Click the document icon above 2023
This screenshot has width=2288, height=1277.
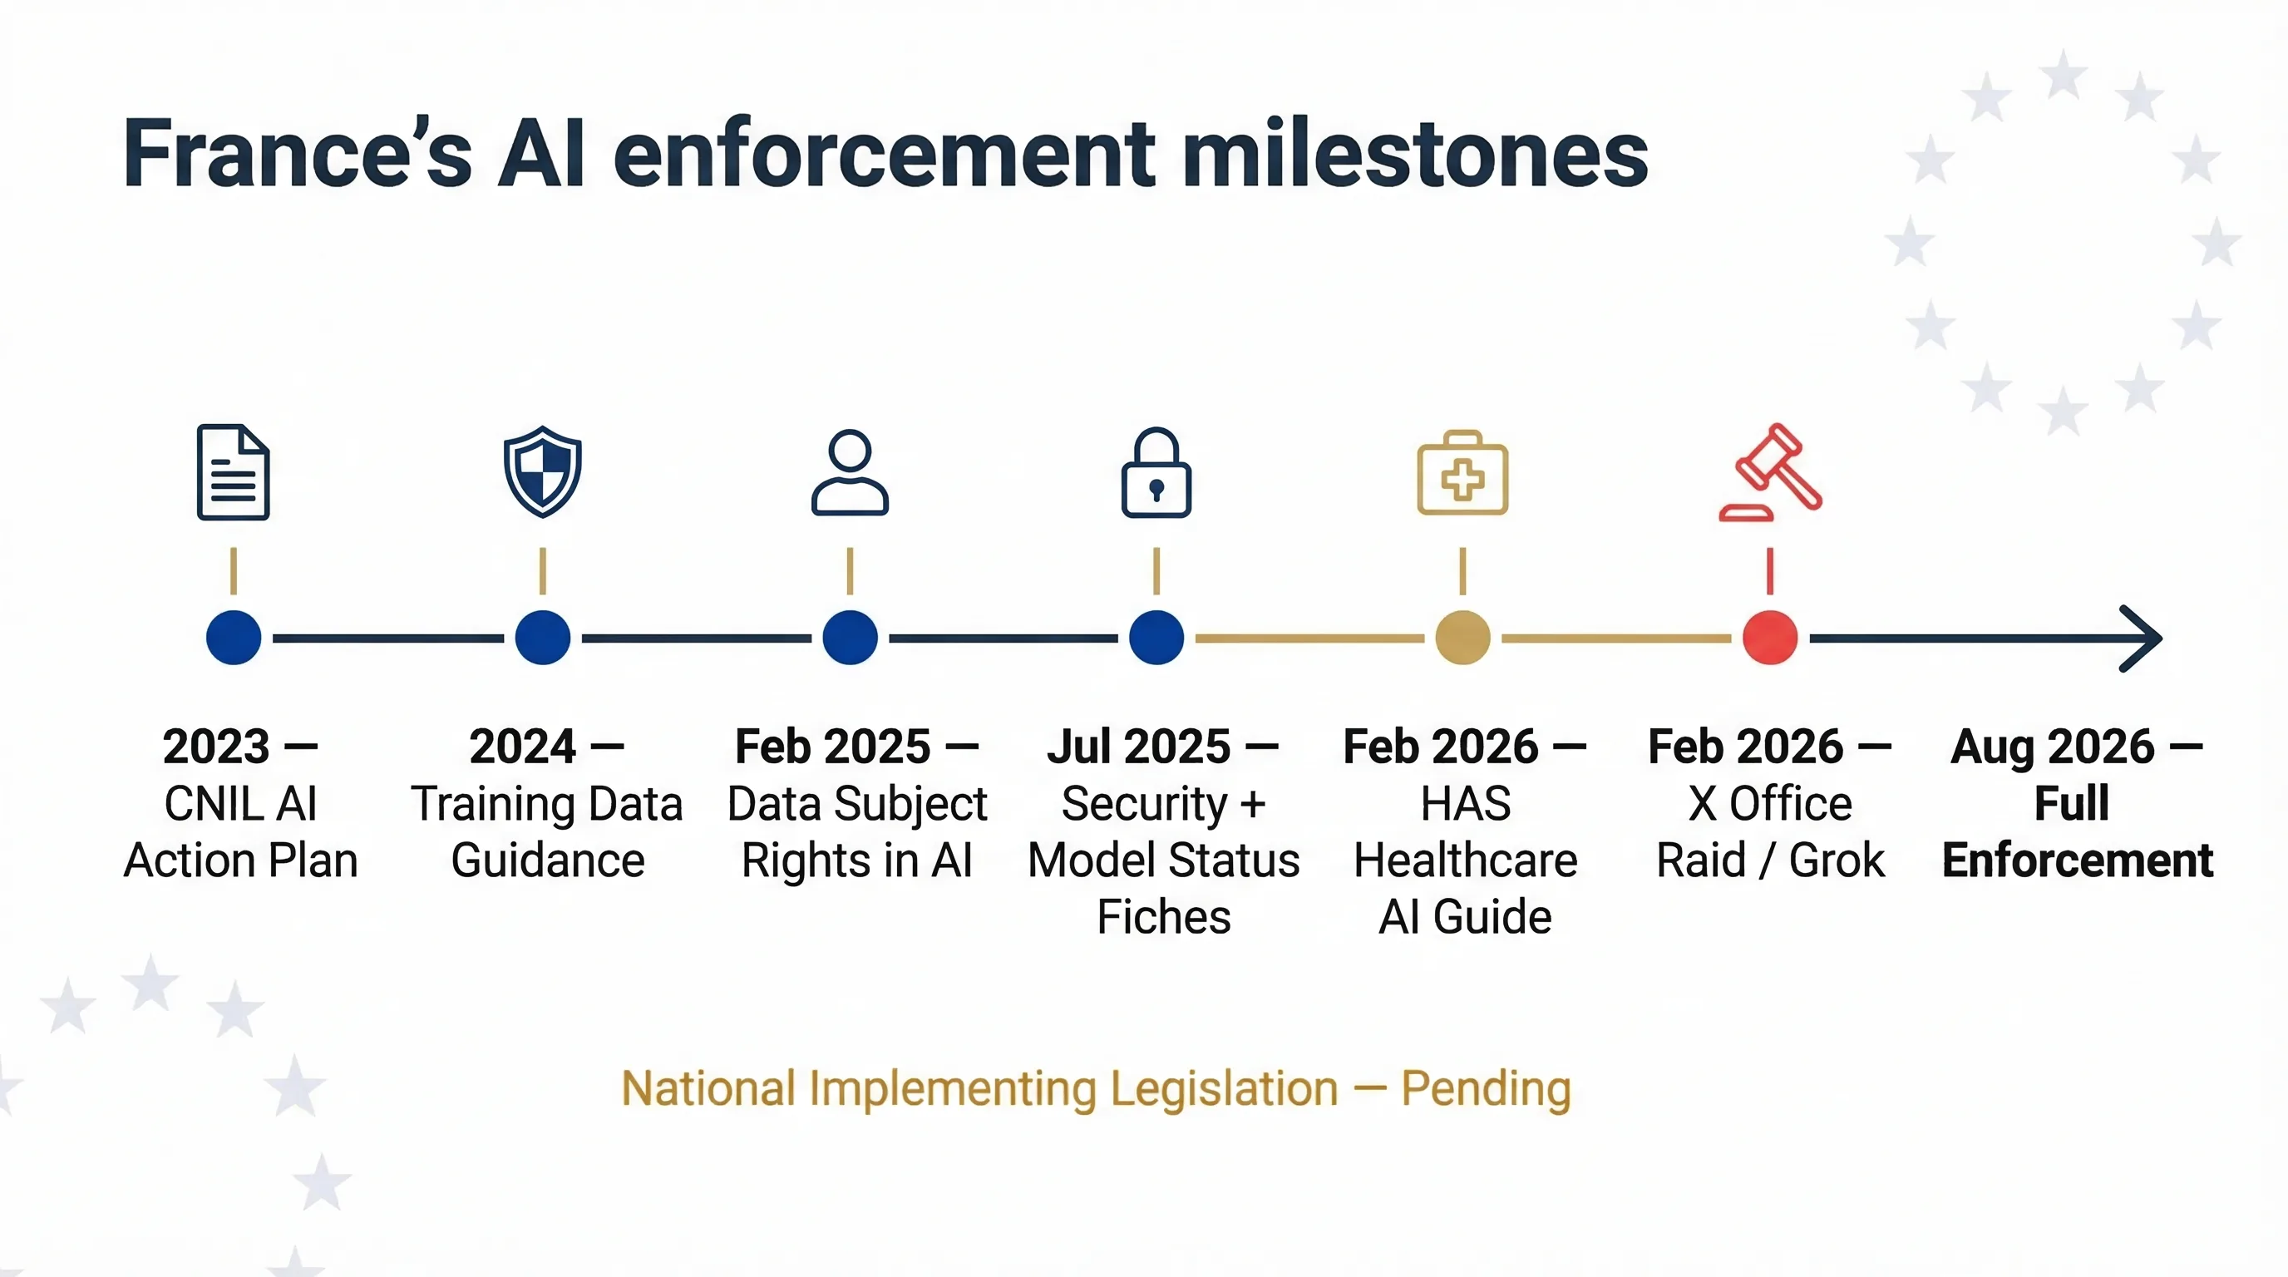(233, 471)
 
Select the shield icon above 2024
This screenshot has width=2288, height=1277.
(542, 471)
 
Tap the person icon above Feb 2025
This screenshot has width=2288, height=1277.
(850, 472)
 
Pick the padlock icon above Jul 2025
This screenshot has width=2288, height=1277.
(1156, 473)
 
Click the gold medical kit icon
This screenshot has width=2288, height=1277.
(1462, 473)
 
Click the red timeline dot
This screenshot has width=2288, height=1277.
(1769, 638)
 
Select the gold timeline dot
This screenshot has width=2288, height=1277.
(1462, 638)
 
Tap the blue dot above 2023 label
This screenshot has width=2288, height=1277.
(233, 638)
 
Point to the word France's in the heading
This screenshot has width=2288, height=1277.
(297, 155)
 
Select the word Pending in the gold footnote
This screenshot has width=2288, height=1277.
(1485, 1089)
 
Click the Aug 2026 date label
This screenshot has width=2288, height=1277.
(2052, 746)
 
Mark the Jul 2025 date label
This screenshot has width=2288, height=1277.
(1139, 746)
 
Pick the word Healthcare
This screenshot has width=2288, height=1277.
(1465, 860)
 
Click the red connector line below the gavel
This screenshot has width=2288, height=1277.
(1769, 570)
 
